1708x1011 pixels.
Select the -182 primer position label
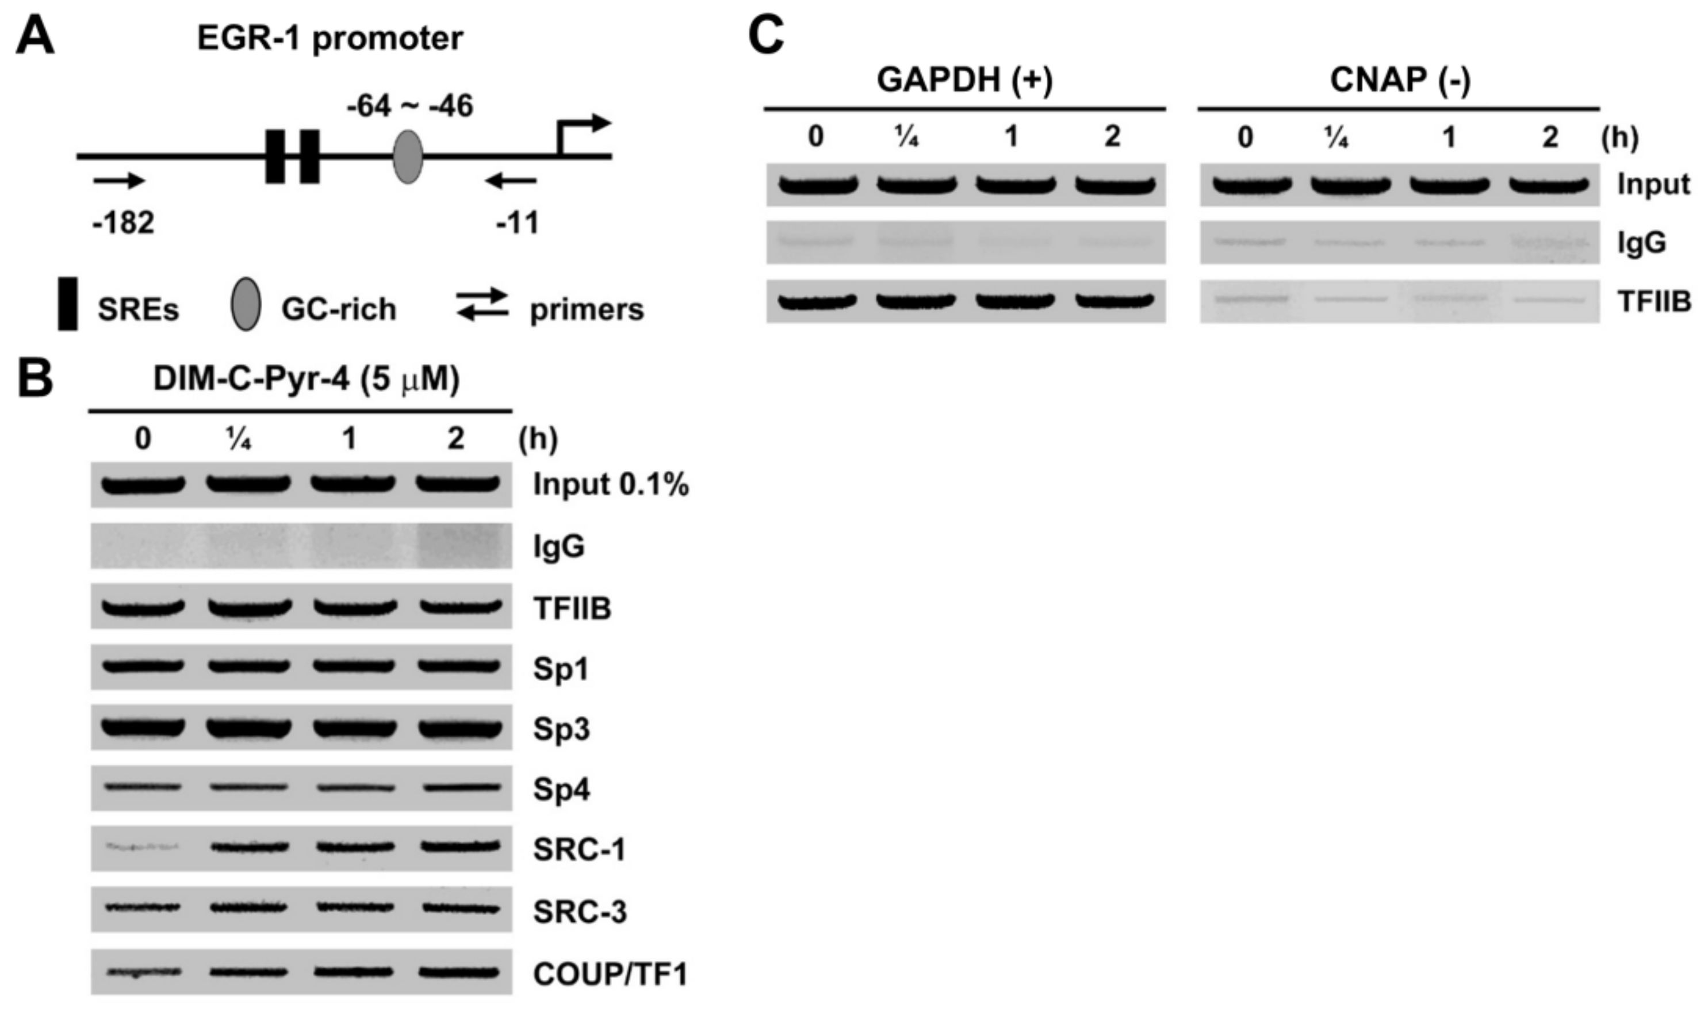pos(123,223)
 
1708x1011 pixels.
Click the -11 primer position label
pos(517,223)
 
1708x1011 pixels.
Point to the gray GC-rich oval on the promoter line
pos(408,158)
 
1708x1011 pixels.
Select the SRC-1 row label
pos(579,849)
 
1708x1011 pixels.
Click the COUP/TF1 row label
pos(610,974)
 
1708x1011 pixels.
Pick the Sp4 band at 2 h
pos(458,787)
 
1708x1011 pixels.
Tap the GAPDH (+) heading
pos(964,80)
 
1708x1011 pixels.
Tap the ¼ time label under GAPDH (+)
pos(907,137)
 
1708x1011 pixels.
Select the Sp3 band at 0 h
pos(143,727)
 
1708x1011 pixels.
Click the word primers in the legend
pos(587,309)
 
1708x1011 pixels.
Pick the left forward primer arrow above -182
pos(119,181)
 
